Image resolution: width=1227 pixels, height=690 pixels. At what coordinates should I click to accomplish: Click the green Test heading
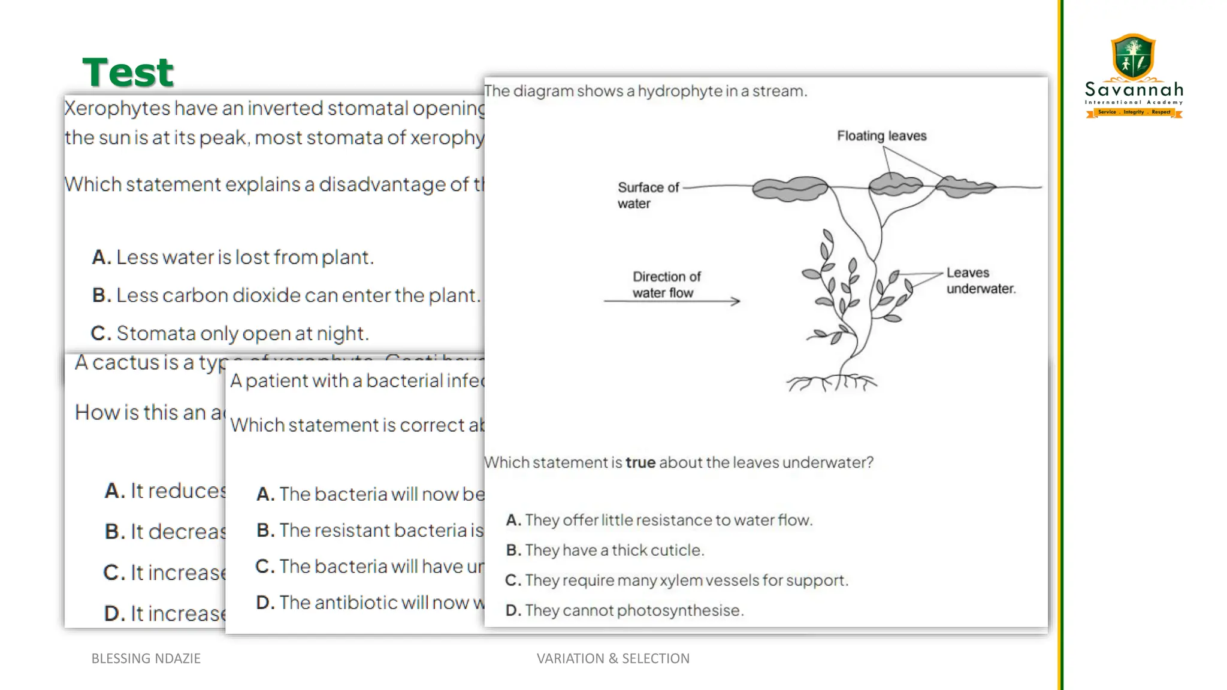(x=128, y=72)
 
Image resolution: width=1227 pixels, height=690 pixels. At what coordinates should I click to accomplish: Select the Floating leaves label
(x=881, y=136)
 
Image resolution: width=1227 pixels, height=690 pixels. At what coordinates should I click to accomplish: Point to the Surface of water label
(x=648, y=195)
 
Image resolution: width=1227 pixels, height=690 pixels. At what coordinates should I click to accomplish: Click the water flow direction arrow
(x=672, y=301)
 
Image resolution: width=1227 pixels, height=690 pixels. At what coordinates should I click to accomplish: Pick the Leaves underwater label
(x=980, y=281)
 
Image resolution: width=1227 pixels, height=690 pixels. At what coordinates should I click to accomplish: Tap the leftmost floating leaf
(x=790, y=188)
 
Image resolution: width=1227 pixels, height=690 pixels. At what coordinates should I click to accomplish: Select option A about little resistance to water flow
(x=659, y=520)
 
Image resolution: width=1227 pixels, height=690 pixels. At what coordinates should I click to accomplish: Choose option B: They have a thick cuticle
(x=605, y=550)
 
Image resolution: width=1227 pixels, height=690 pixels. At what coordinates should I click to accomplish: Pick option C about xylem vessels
(x=677, y=580)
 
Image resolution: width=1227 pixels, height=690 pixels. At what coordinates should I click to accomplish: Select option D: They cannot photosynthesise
(x=625, y=610)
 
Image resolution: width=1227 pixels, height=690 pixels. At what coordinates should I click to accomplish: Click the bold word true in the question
(x=640, y=462)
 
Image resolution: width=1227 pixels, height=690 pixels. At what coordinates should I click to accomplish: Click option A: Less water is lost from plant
(x=233, y=258)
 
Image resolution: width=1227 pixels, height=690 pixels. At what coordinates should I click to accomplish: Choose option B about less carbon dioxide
(x=286, y=295)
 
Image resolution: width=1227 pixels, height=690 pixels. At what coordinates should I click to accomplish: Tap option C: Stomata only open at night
(x=230, y=333)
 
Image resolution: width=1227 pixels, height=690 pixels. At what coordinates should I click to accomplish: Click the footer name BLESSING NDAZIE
(x=146, y=658)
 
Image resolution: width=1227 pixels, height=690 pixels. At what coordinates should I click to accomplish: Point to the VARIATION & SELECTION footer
(x=613, y=658)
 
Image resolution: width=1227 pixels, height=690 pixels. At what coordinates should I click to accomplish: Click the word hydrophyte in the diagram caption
(x=679, y=91)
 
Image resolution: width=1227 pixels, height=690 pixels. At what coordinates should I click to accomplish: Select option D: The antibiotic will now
(x=370, y=603)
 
